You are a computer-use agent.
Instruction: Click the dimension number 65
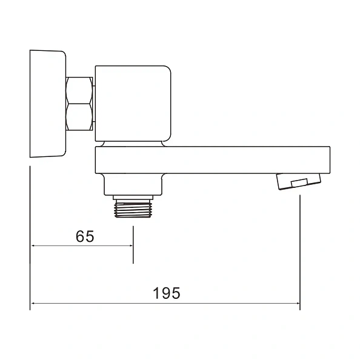click(85, 236)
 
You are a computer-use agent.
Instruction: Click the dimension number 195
click(167, 293)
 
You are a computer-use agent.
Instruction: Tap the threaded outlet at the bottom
click(133, 208)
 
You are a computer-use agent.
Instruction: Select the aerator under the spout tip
click(298, 181)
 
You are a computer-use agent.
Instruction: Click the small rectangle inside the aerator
click(299, 182)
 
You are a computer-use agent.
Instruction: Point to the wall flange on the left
click(48, 104)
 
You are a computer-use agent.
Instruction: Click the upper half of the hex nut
click(79, 90)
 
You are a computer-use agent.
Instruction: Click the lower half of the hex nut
click(79, 117)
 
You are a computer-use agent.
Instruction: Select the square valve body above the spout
click(133, 104)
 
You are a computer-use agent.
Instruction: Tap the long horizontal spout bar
click(213, 160)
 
